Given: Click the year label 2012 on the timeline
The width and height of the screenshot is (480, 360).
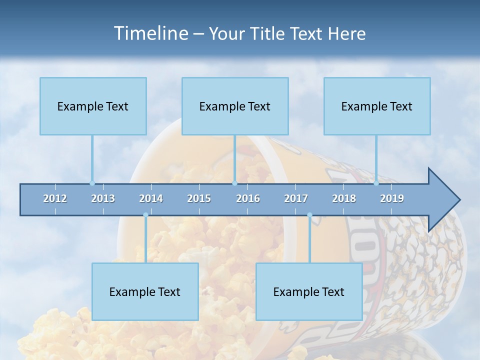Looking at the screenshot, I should (55, 198).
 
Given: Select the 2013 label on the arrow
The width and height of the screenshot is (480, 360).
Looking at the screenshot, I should (103, 198).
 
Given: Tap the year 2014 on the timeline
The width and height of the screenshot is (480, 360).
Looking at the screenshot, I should (151, 198).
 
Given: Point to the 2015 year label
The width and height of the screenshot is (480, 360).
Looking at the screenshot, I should (199, 198).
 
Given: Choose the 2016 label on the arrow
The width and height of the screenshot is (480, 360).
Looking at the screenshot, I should (248, 198).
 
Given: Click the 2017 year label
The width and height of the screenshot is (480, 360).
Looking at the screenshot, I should (296, 198).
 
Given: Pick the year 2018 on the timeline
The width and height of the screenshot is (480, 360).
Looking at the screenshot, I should (344, 198).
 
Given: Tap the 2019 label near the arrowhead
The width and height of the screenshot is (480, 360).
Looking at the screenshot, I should (392, 198).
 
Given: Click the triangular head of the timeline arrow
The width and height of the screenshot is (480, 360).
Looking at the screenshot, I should (442, 200).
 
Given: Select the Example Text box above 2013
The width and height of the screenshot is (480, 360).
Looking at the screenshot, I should (93, 106).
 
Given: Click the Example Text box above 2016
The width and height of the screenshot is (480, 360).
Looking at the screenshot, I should (235, 106).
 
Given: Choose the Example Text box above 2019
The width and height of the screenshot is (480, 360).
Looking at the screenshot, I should (377, 106).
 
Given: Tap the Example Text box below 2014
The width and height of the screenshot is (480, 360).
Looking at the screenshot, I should (145, 291).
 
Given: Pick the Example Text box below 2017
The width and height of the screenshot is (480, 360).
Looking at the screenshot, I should (309, 291).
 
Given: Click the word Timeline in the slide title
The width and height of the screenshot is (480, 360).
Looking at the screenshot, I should (150, 33).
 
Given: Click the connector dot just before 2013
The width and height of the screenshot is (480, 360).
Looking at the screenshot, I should (92, 183).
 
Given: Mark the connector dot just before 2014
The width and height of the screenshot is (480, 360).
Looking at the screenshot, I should (145, 215).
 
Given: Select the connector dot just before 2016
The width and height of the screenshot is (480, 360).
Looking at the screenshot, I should (234, 183).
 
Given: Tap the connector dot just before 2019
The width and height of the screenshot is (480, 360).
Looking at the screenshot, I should (376, 183).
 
